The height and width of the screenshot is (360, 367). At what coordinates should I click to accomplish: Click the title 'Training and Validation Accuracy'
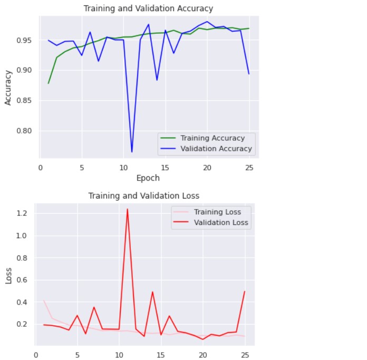[149, 8]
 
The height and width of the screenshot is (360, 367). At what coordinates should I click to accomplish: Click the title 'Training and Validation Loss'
[143, 196]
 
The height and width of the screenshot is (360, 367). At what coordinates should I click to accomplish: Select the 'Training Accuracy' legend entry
[213, 138]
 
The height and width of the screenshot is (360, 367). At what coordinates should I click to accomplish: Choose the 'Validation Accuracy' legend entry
[215, 149]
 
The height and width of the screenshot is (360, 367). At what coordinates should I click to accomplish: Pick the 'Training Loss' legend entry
[217, 212]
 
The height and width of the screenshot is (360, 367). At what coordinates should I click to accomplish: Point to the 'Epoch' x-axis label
[148, 178]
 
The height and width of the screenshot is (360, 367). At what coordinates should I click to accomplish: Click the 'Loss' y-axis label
[8, 275]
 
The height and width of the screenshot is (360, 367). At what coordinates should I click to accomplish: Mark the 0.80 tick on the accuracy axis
[27, 131]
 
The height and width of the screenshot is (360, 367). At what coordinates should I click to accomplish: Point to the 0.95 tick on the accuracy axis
[27, 40]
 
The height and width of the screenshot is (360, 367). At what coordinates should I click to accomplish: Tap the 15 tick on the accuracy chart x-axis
[165, 168]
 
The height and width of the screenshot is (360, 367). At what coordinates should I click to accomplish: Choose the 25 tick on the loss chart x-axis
[245, 355]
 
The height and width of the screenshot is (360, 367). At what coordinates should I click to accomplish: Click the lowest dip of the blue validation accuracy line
[132, 152]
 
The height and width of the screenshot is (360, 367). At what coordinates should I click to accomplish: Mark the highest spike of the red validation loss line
[127, 209]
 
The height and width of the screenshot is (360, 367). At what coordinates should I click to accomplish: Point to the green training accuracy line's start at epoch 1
[49, 83]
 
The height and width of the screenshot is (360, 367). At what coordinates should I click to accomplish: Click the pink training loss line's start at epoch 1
[44, 301]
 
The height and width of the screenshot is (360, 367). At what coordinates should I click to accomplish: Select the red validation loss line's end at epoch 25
[245, 291]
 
